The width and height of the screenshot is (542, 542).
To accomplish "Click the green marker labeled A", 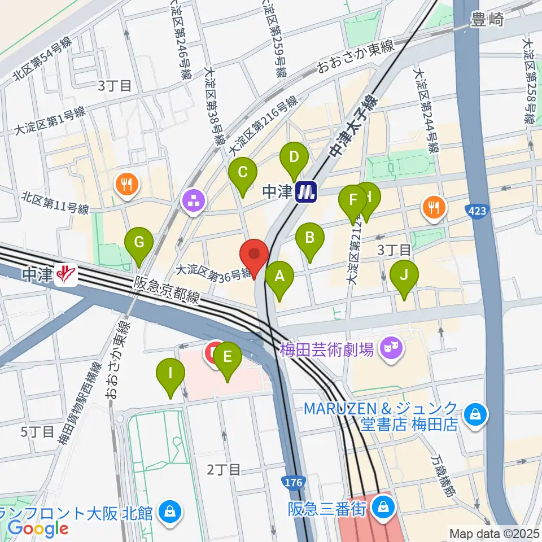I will tap(279, 278).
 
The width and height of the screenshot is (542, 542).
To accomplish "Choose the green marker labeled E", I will tap(227, 359).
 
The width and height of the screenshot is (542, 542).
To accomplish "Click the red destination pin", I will tap(254, 256).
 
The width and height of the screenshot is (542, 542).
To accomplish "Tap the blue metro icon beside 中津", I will tap(307, 193).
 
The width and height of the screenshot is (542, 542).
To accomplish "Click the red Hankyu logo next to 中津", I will tap(68, 275).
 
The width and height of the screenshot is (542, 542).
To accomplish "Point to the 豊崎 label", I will tap(486, 21).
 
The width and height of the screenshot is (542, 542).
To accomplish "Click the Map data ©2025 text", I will tap(493, 533).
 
